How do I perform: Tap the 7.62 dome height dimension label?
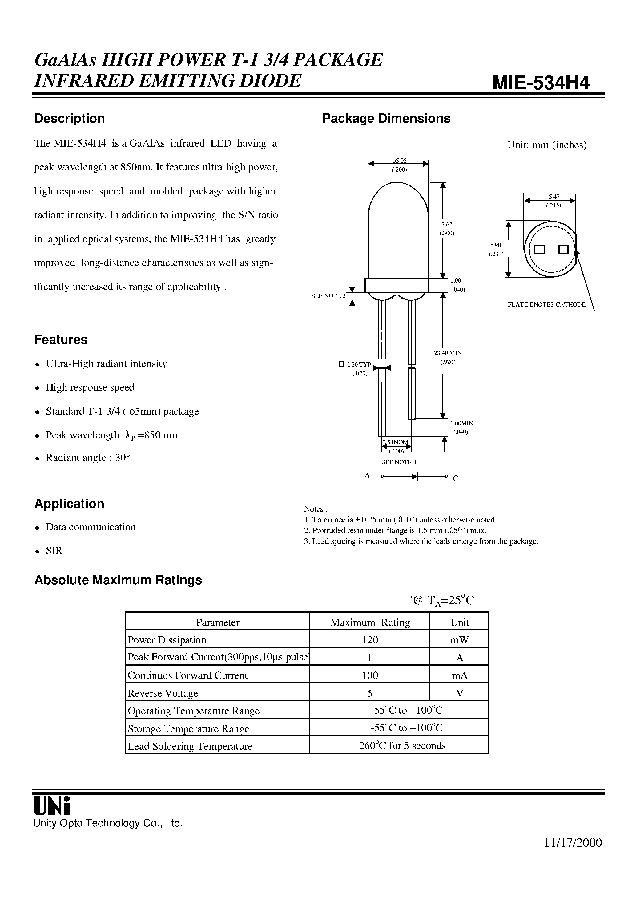447,224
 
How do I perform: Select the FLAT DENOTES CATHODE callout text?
546,304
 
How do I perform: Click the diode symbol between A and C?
414,476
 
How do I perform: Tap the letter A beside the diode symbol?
367,476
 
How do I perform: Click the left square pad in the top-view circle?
540,250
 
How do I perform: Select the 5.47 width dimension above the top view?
554,197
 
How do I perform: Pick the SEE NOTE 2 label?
328,296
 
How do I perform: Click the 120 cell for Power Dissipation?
370,640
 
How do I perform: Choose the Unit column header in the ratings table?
460,622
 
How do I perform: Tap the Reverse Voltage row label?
163,693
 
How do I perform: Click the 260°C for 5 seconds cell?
402,746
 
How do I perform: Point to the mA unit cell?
460,675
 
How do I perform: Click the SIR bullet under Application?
54,551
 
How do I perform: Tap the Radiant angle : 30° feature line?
88,458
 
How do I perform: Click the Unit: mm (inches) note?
547,145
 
